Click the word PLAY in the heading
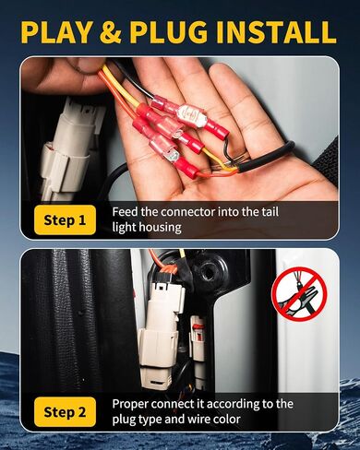coord(56,31)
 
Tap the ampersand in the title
coord(111,31)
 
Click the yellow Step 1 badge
coord(65,219)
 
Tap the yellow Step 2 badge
coord(65,412)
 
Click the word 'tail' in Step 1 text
coord(270,212)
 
